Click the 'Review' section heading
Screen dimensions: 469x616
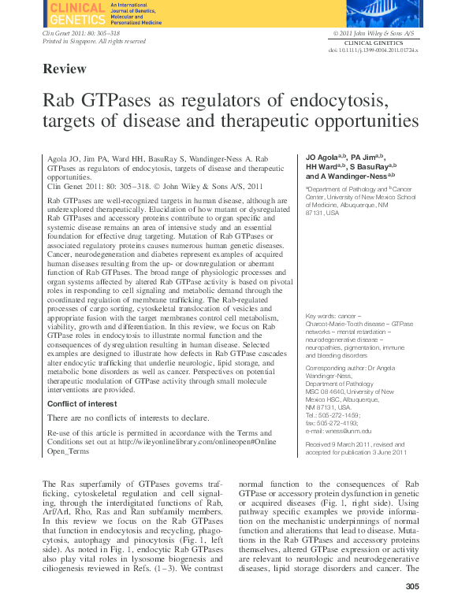[65, 69]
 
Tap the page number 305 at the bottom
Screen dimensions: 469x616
[411, 586]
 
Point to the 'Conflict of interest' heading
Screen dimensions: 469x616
[84, 403]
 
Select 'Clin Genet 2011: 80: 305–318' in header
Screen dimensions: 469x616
[80, 34]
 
